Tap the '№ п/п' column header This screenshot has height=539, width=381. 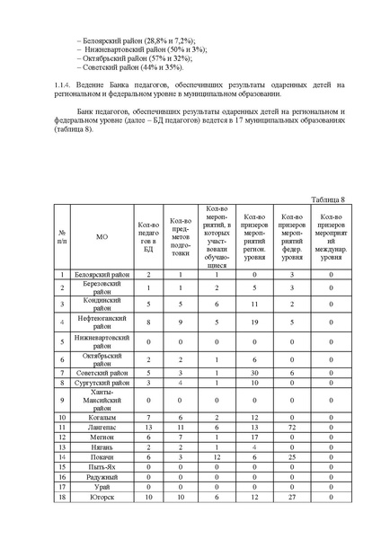coord(61,238)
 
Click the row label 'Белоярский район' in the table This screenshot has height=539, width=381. coord(102,274)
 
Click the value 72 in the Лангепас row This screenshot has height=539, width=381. coord(292,428)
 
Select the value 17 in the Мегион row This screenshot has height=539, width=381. coord(254,437)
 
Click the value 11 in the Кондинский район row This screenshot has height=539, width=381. coord(254,304)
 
